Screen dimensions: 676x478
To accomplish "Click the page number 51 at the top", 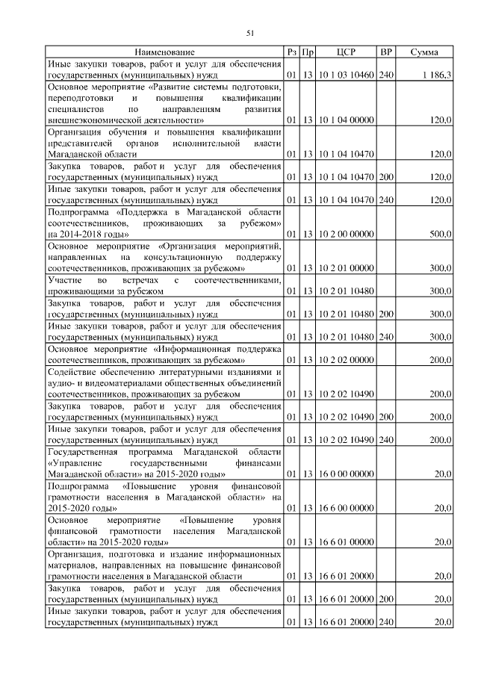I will pos(251,31).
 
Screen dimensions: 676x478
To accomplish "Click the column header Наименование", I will pos(164,52).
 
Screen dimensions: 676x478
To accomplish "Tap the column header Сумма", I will pos(424,52).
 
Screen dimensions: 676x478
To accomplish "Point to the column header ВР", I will pos(386,52).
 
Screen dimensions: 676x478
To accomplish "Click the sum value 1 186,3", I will pos(436,75).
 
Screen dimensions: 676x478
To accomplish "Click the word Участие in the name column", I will pos(61,279).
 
